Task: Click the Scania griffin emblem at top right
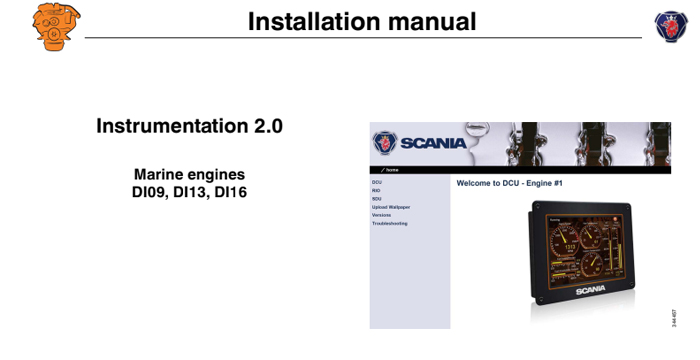pyautogui.click(x=671, y=25)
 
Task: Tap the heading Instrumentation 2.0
pyautogui.click(x=189, y=126)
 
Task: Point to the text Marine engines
pyautogui.click(x=189, y=174)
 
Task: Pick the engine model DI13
pyautogui.click(x=189, y=191)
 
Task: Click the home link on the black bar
pyautogui.click(x=392, y=170)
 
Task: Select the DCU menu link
pyautogui.click(x=377, y=183)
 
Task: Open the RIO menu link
pyautogui.click(x=377, y=191)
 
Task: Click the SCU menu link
pyautogui.click(x=377, y=199)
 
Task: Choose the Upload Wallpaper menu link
pyautogui.click(x=391, y=207)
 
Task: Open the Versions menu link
pyautogui.click(x=382, y=215)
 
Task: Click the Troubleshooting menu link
pyautogui.click(x=390, y=223)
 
